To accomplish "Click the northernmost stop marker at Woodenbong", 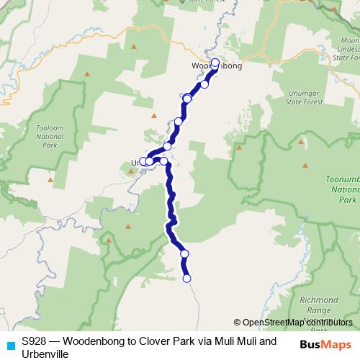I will (x=215, y=62).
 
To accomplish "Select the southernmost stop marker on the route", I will (x=187, y=279).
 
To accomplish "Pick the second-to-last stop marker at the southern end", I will (x=184, y=253).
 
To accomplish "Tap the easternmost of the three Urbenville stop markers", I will (x=164, y=161).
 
